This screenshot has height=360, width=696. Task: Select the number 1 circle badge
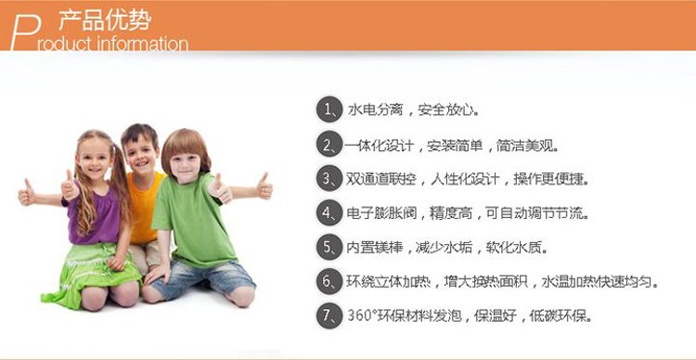[329, 109]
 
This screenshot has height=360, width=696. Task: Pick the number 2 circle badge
[329, 145]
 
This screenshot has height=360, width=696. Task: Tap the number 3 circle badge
[329, 179]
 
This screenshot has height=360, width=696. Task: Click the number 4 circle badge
[329, 213]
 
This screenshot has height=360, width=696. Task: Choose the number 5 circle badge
[329, 248]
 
